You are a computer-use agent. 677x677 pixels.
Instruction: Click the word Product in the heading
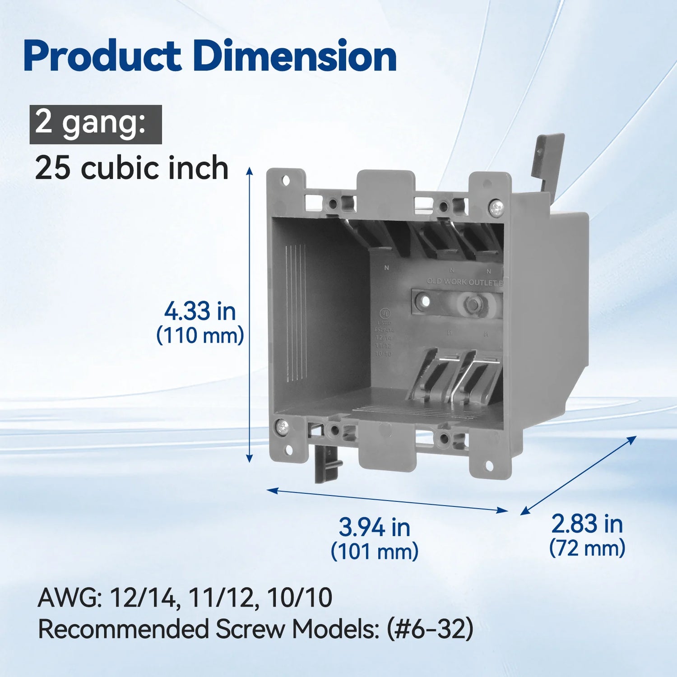click(102, 56)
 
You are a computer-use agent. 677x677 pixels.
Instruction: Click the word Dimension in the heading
click(295, 56)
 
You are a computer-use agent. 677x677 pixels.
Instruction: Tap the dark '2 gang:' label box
click(96, 124)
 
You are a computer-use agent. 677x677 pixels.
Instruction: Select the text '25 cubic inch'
click(132, 168)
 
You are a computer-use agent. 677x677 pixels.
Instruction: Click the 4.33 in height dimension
click(200, 311)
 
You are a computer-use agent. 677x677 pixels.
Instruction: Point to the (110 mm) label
click(200, 336)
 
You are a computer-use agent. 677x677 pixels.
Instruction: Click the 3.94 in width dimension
click(374, 527)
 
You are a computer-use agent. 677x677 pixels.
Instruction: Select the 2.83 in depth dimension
click(587, 524)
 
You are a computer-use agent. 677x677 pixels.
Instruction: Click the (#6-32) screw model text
click(430, 629)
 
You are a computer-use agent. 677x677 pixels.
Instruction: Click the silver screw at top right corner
click(496, 208)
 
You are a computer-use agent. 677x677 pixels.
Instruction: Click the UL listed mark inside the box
click(385, 313)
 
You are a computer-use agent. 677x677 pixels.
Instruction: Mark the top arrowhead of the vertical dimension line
click(249, 170)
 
